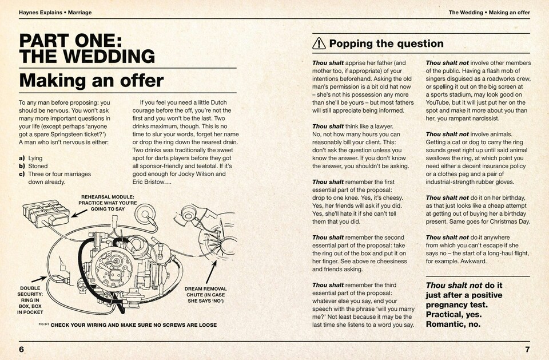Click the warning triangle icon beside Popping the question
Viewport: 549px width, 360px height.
pos(319,43)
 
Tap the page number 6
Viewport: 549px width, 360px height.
pos(21,349)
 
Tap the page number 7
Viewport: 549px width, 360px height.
pos(527,349)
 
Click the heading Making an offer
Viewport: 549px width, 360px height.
pos(91,80)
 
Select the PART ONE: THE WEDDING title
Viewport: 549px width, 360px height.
pos(87,48)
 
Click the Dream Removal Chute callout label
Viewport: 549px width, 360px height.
pos(205,295)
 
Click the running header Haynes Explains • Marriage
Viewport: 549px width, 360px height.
pos(55,12)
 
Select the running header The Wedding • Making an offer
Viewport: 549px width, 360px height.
pos(489,12)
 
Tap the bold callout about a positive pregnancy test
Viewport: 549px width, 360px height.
pos(464,304)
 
